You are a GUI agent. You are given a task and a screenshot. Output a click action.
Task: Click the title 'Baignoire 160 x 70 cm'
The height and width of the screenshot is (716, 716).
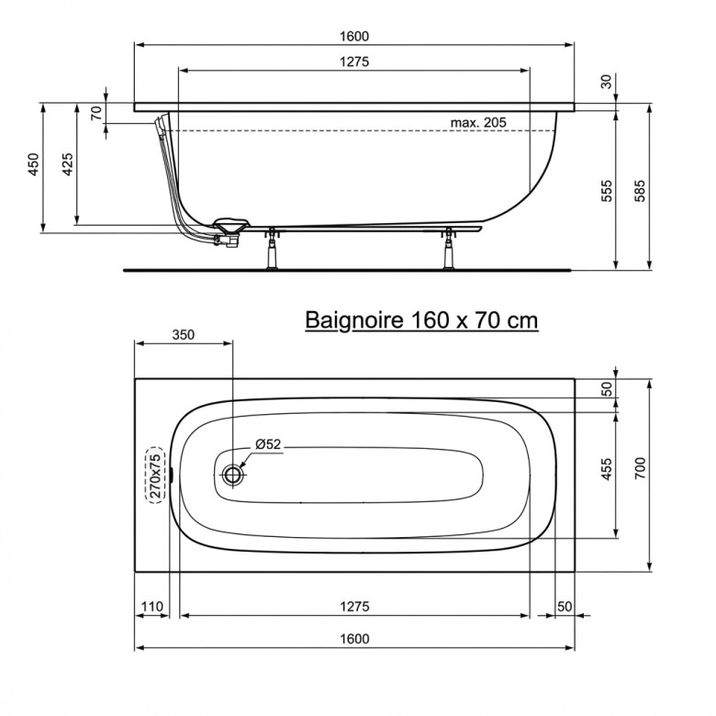[421, 320]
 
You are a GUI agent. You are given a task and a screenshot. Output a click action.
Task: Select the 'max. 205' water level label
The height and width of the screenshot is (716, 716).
[478, 122]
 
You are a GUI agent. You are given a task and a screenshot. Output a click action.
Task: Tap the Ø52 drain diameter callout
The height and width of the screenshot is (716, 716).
[268, 444]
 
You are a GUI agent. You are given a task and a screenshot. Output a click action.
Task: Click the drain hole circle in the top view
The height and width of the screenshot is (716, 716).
[234, 475]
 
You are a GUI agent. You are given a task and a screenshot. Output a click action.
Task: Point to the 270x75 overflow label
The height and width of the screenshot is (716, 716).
[155, 475]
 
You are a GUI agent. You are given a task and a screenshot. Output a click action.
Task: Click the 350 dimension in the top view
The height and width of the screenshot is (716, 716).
[183, 335]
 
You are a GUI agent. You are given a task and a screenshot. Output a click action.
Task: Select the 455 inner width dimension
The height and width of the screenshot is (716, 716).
[607, 469]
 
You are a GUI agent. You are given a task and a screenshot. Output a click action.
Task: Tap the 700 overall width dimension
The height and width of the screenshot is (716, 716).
[640, 467]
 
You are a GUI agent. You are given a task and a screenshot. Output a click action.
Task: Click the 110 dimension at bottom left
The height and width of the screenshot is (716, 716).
[151, 607]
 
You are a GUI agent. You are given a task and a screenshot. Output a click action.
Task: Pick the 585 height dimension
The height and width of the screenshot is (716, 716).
[640, 191]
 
